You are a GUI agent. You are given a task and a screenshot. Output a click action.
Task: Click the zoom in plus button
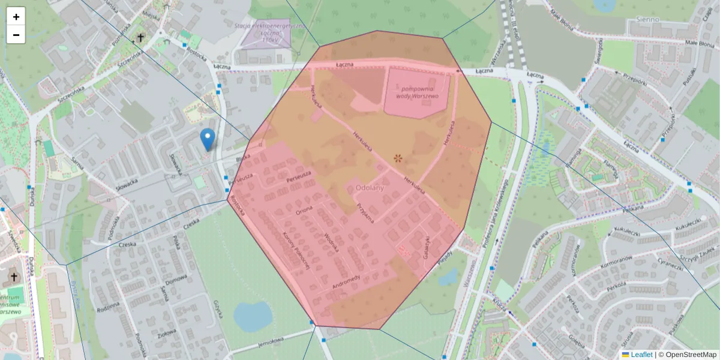16,17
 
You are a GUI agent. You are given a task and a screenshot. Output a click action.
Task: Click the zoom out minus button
16,35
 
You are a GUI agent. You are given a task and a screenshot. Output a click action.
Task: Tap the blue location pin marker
208,139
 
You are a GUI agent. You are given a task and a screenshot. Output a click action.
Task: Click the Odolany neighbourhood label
370,188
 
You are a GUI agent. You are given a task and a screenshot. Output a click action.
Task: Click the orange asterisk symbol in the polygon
398,158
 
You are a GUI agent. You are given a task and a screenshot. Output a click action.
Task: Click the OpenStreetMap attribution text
691,355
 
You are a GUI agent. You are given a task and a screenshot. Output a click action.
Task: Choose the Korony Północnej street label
295,252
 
